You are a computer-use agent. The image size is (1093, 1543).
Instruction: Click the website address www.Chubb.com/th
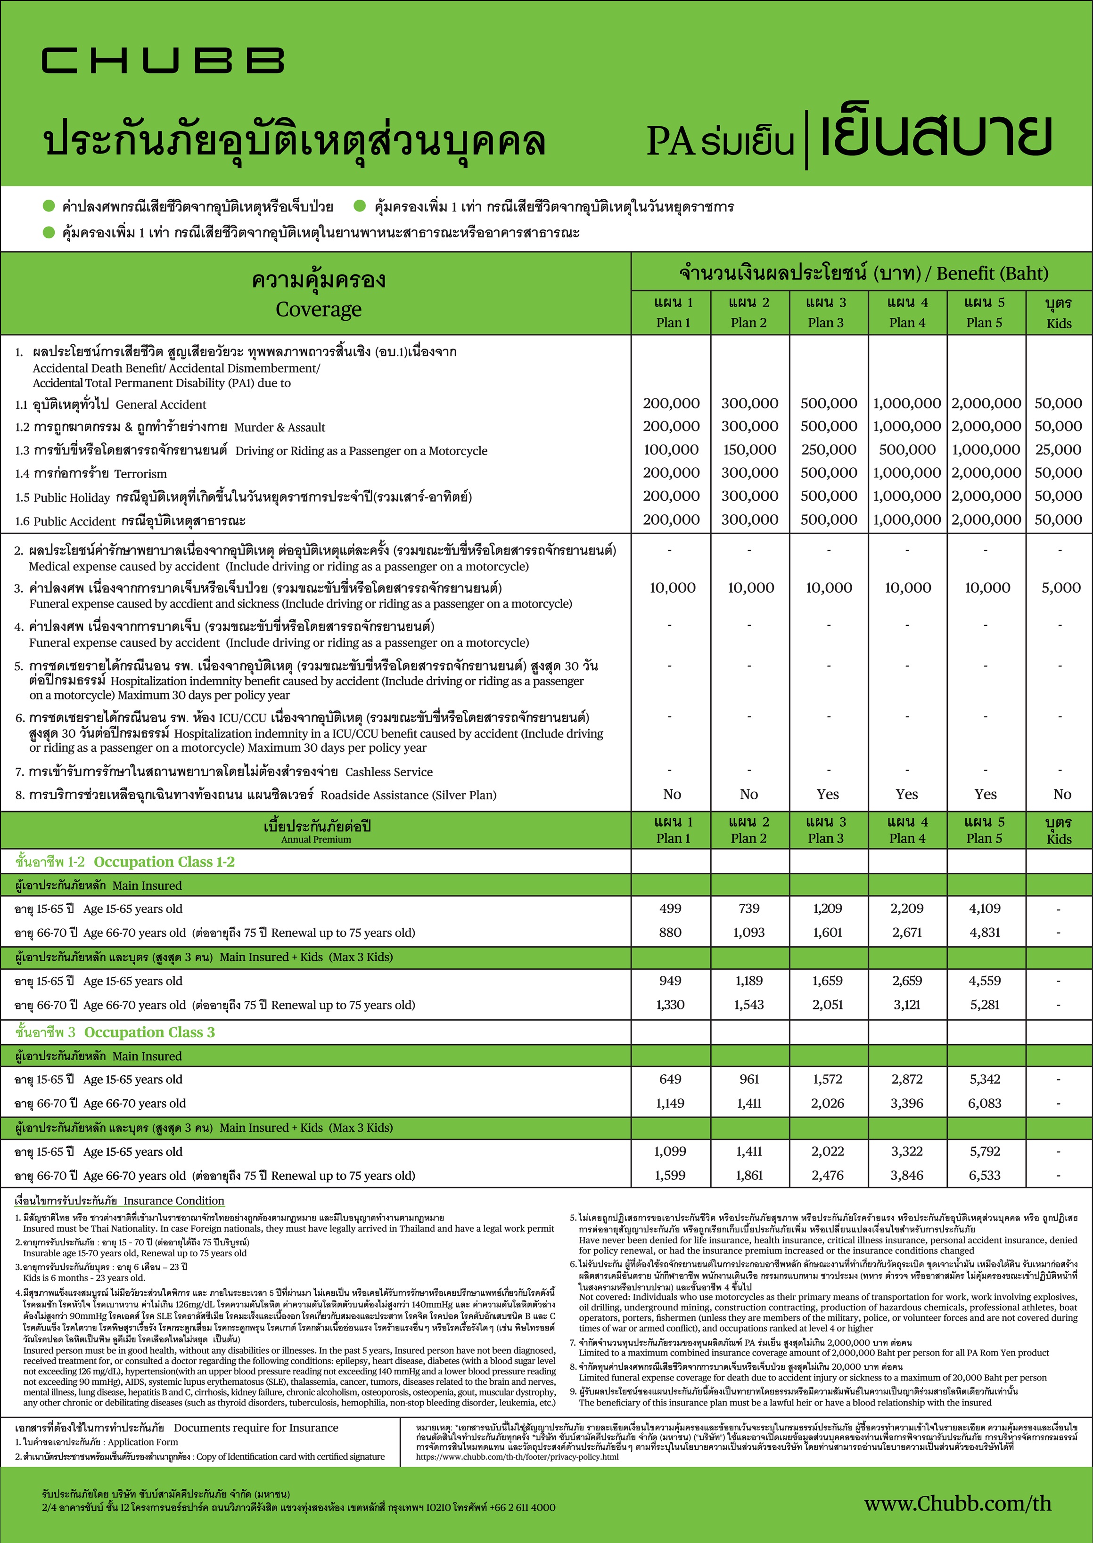[x=957, y=1503]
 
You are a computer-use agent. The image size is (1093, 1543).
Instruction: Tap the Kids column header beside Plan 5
[x=1059, y=313]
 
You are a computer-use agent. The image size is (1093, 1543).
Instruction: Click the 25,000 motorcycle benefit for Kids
[x=1058, y=449]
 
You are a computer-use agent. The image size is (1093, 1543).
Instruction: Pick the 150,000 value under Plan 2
[x=749, y=449]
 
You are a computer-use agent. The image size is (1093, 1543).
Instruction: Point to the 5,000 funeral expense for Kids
[x=1060, y=588]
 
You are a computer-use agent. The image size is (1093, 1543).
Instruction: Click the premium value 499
[x=670, y=908]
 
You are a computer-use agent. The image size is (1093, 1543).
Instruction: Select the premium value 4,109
[x=985, y=908]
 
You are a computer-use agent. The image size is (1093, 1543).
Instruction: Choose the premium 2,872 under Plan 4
[x=906, y=1079]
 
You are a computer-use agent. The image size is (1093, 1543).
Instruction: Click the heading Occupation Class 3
[x=149, y=1032]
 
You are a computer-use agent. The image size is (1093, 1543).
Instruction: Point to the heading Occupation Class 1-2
[x=164, y=861]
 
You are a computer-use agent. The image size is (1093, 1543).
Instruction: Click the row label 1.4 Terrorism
[x=91, y=473]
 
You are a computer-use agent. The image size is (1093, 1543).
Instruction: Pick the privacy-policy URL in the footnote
[x=517, y=1457]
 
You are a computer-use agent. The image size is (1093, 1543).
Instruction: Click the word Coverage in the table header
[x=318, y=309]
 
